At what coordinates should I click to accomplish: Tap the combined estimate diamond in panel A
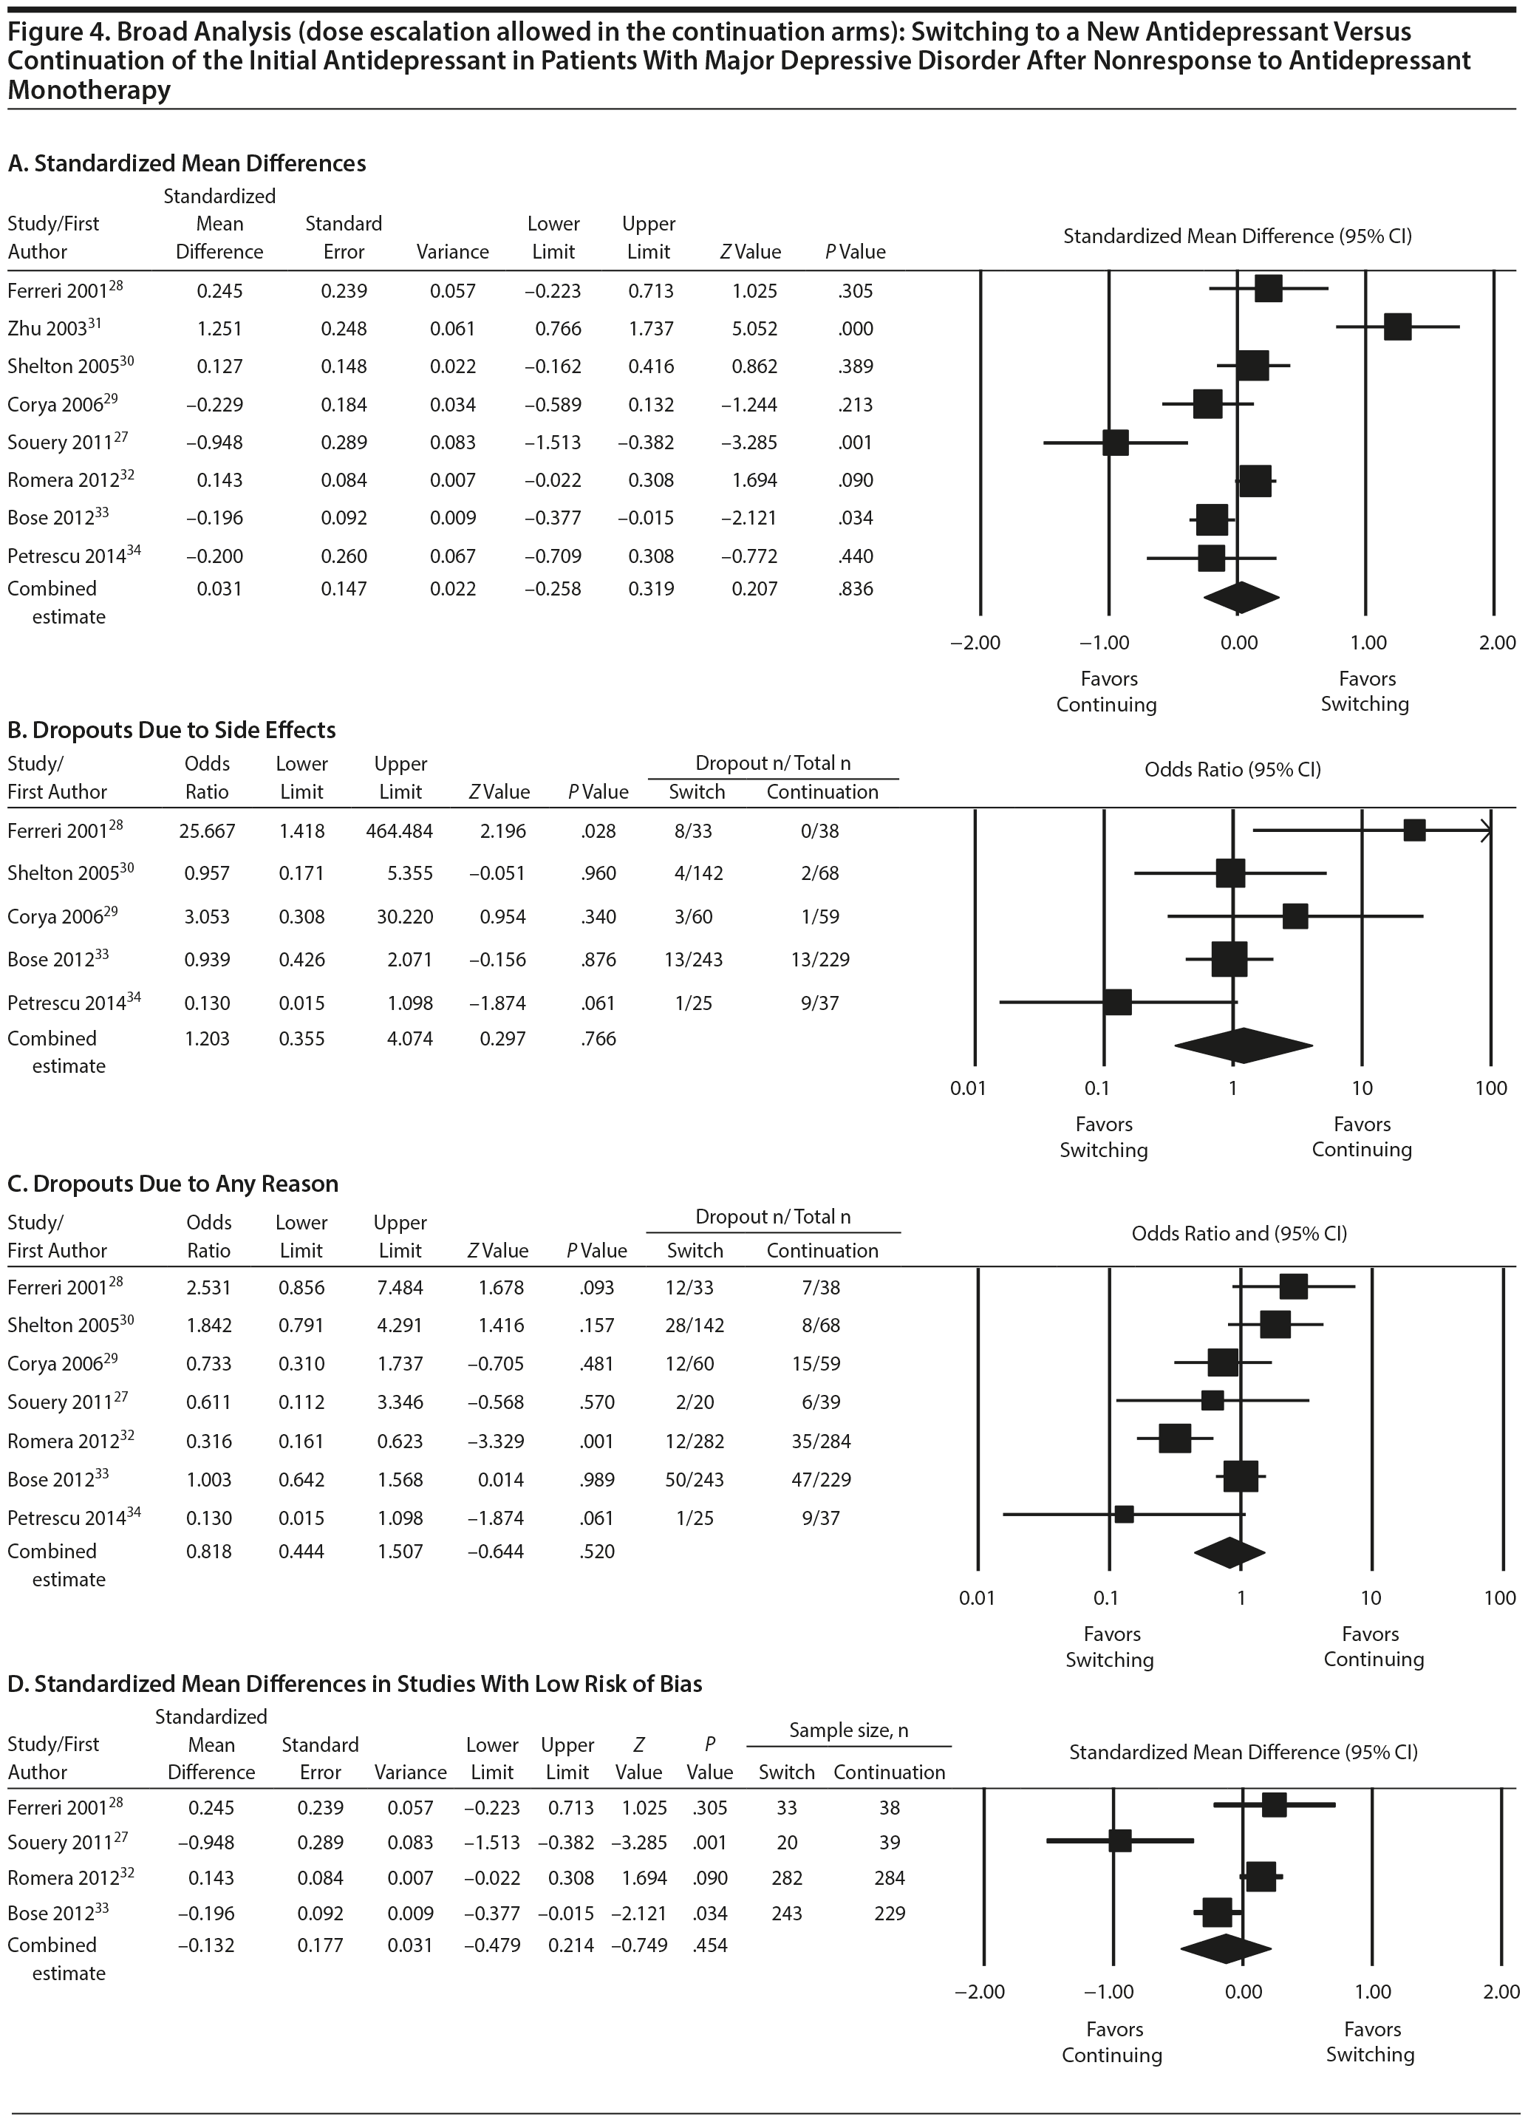click(1237, 598)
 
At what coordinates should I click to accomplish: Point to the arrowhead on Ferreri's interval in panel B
click(1486, 830)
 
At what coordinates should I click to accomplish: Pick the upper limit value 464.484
click(400, 830)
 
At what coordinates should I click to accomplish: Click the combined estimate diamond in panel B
click(1243, 1047)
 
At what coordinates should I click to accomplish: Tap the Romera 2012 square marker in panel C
click(1174, 1438)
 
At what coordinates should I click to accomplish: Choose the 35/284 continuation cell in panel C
click(821, 1441)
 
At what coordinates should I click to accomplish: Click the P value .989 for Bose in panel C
click(596, 1479)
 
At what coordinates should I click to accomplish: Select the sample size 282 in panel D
click(786, 1877)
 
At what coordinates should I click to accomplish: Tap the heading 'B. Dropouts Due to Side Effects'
click(171, 730)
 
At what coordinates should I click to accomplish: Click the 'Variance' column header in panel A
click(453, 252)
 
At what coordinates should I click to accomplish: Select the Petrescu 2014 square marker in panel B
click(1117, 1002)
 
